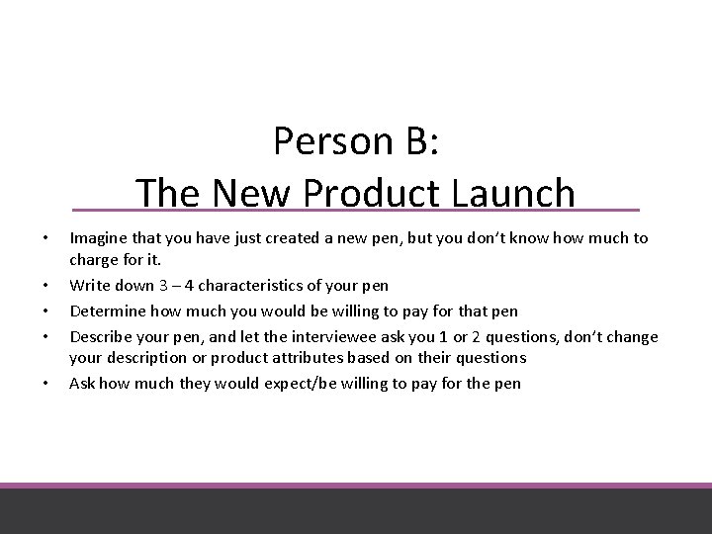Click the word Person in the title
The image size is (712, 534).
click(x=324, y=143)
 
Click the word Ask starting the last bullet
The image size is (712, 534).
click(x=81, y=383)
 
